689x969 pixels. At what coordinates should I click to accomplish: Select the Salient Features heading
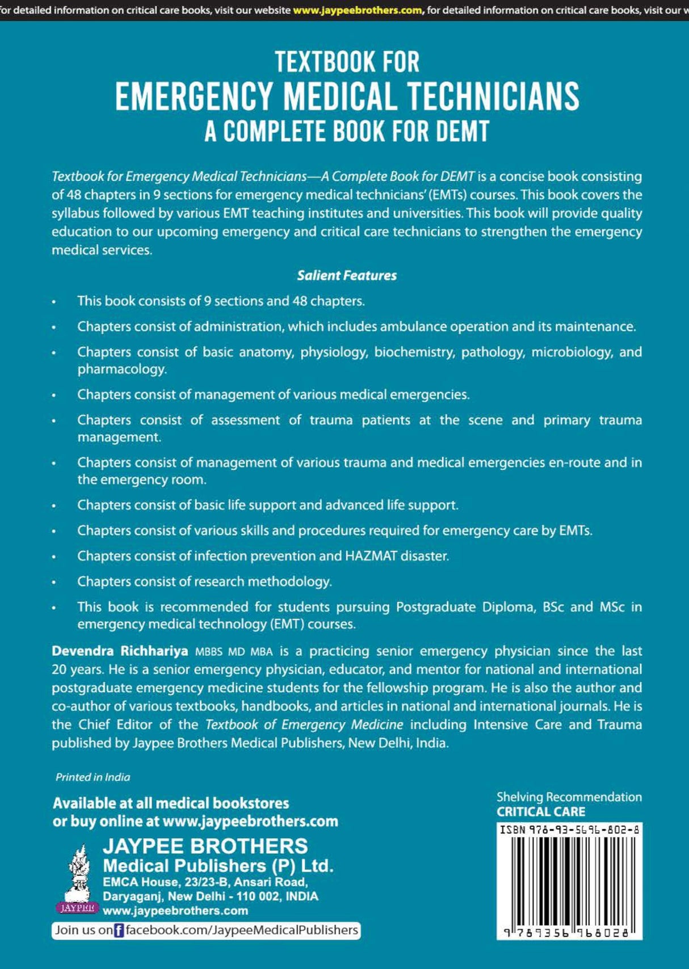coord(347,276)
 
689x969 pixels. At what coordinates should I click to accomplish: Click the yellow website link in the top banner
coord(358,10)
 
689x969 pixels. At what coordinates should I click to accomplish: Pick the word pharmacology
coord(122,369)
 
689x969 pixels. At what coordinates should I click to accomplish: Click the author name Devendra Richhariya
coord(120,651)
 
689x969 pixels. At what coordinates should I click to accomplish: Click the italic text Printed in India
coord(93,777)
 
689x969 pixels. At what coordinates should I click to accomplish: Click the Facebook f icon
coord(119,930)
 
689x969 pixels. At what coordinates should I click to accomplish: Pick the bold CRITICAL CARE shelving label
coord(541,812)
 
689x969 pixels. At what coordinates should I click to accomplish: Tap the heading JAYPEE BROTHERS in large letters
coord(205,846)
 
